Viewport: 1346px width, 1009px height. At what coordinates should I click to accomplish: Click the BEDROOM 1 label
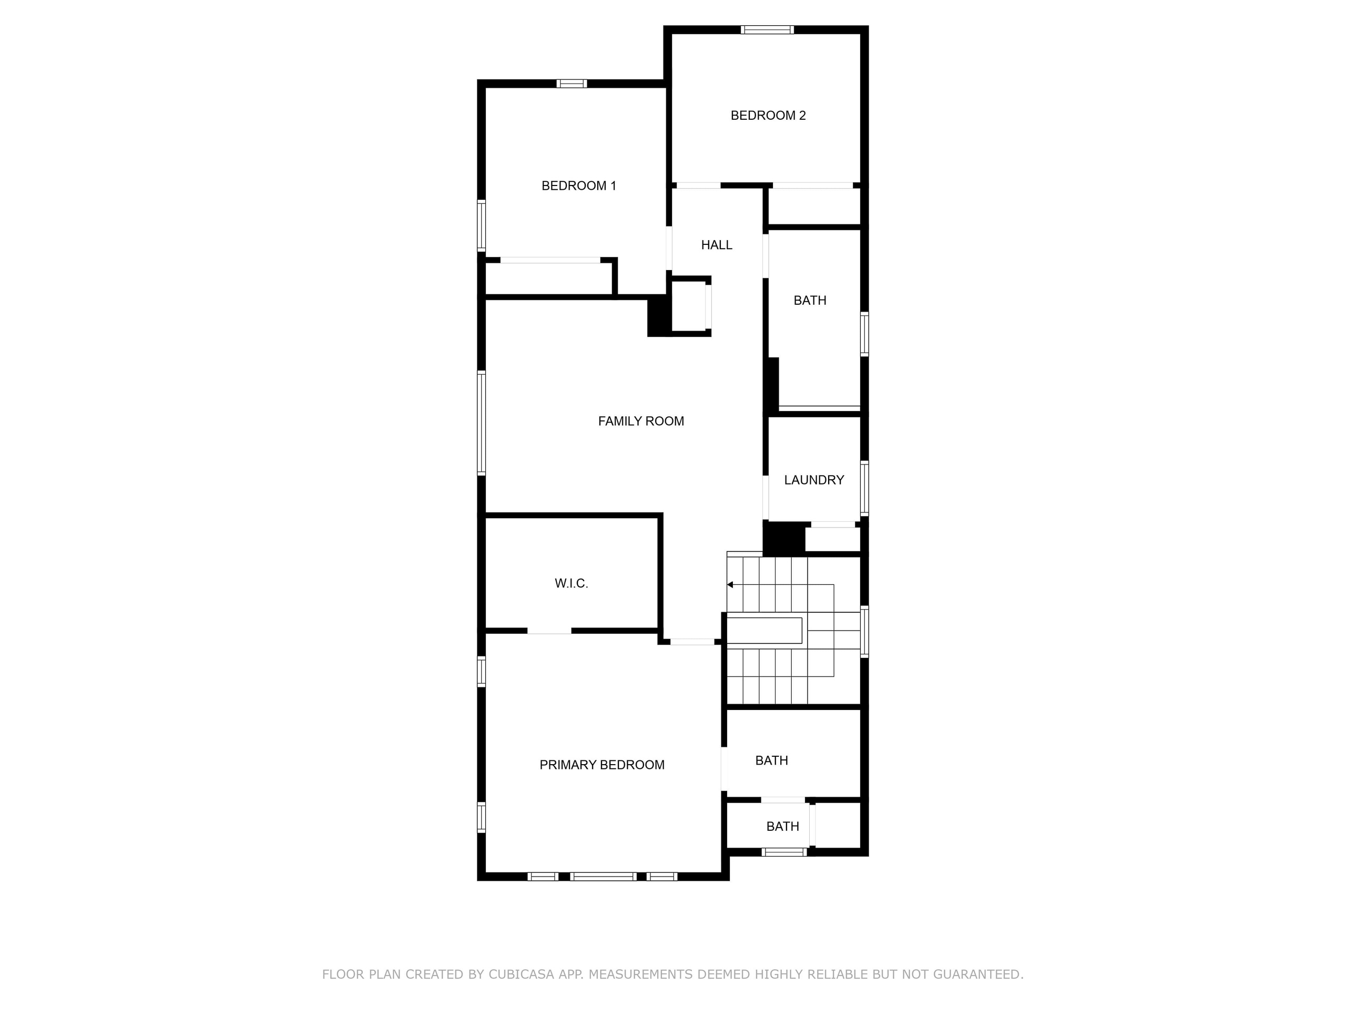(x=579, y=186)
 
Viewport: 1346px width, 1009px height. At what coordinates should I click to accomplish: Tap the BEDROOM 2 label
(x=768, y=116)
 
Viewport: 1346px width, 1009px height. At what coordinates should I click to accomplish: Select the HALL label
(x=716, y=245)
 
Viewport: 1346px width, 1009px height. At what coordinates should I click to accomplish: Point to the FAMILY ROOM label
(x=641, y=421)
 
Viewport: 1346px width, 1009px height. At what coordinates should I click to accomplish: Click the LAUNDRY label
(x=813, y=480)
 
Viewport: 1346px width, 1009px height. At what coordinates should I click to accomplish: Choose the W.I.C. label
(x=572, y=584)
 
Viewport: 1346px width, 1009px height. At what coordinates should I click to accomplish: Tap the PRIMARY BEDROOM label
(x=602, y=765)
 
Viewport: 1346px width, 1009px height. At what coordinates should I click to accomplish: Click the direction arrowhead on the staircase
(x=730, y=585)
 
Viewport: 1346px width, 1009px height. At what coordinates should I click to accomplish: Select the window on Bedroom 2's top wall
(x=767, y=30)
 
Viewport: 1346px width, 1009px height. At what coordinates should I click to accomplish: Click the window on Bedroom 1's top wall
(x=572, y=84)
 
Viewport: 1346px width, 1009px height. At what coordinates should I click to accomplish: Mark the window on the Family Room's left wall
(x=481, y=423)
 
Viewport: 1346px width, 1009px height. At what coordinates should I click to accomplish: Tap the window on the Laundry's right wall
(x=864, y=488)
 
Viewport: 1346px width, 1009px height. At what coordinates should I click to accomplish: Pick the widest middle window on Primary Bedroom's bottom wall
(x=603, y=877)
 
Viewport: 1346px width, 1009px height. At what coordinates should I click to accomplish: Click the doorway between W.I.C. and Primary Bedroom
(x=549, y=631)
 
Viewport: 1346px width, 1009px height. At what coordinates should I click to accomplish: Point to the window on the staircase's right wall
(x=864, y=631)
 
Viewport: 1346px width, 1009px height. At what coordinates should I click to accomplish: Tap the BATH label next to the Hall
(x=810, y=301)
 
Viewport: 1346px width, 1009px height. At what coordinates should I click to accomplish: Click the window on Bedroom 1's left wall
(x=481, y=225)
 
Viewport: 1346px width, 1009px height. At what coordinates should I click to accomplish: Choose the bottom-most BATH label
(x=782, y=827)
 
